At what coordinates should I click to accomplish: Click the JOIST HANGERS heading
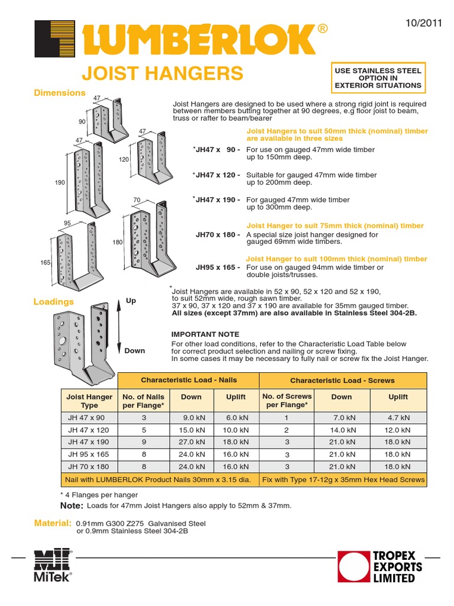click(x=161, y=73)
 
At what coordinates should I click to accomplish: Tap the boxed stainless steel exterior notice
click(x=378, y=78)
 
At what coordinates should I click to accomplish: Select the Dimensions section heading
click(x=59, y=93)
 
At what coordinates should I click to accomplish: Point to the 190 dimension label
click(x=60, y=183)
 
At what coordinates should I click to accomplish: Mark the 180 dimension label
click(x=117, y=243)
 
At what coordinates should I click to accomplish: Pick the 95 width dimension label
click(x=67, y=223)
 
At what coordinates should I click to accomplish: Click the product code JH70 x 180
click(x=218, y=235)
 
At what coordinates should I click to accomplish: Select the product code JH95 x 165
click(x=218, y=267)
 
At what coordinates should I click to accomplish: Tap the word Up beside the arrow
click(x=131, y=301)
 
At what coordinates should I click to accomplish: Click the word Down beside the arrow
click(x=134, y=350)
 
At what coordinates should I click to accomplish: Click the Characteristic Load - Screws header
click(x=342, y=381)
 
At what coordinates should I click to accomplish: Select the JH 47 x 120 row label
click(x=89, y=430)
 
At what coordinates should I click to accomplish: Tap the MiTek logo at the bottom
click(x=53, y=566)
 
